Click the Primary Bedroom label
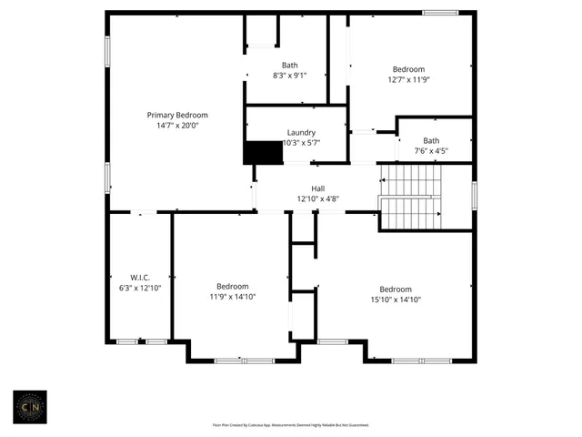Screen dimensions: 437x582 [x=177, y=116]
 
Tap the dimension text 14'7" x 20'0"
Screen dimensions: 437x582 [x=177, y=126]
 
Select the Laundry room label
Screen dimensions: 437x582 [x=301, y=133]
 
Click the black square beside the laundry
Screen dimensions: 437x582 [x=262, y=153]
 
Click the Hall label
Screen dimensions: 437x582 [x=318, y=188]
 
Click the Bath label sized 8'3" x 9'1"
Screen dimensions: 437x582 [x=289, y=66]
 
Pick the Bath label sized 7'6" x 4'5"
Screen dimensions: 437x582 [x=431, y=141]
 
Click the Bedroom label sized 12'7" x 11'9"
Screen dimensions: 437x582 [x=408, y=69]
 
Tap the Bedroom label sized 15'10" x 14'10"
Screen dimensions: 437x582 [x=396, y=290]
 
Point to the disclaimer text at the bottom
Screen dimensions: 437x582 [x=291, y=425]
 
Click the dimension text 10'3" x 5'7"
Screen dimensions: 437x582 [x=301, y=143]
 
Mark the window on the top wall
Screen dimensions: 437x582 [x=441, y=13]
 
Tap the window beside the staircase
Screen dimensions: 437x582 [x=474, y=196]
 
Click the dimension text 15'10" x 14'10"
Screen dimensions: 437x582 [x=396, y=300]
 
